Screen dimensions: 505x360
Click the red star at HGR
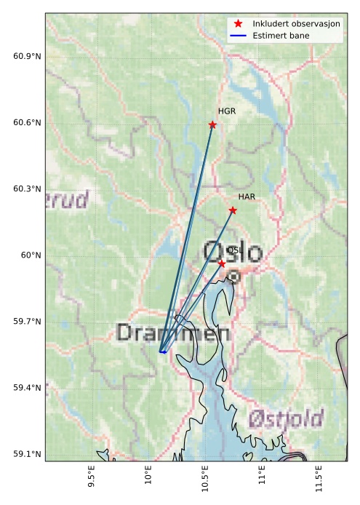(x=212, y=124)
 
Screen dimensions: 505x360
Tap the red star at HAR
(x=233, y=210)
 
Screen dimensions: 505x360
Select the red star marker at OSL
(x=222, y=263)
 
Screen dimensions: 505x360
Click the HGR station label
(x=227, y=111)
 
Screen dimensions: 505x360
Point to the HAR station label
(x=247, y=197)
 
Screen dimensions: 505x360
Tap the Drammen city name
(x=173, y=333)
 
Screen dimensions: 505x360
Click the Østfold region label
(x=285, y=419)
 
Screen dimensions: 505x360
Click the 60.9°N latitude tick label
(x=28, y=57)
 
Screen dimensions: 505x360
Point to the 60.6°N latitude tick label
(x=28, y=123)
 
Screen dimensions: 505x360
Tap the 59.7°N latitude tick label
(x=28, y=322)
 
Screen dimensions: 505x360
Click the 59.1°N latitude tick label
(x=28, y=454)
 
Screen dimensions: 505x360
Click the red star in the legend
(x=238, y=24)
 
